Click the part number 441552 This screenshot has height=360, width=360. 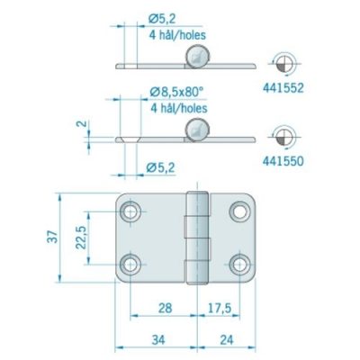tap(283, 88)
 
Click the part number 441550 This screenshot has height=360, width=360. tap(283, 161)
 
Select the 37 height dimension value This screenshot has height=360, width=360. tap(52, 237)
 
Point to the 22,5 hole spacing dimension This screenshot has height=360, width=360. tap(81, 238)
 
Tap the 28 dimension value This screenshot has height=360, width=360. tap(165, 308)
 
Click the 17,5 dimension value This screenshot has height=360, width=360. tap(219, 308)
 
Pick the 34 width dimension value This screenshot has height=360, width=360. tap(158, 340)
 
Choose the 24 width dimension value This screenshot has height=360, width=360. tap(227, 340)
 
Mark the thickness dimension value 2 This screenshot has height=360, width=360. tap(82, 123)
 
